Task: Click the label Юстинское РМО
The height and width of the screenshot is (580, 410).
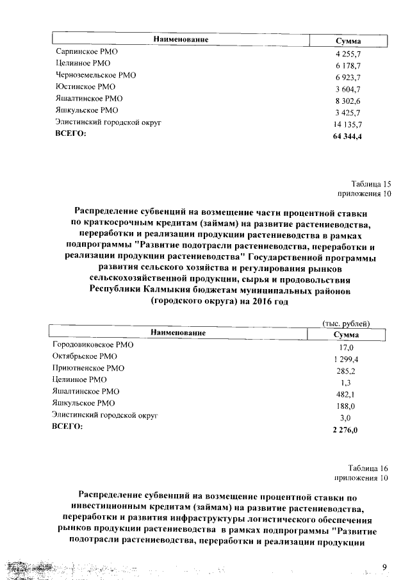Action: (78, 87)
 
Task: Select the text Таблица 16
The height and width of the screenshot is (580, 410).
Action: (369, 468)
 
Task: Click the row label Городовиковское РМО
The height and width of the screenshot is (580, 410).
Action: (93, 344)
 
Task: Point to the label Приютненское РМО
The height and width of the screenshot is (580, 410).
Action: (88, 368)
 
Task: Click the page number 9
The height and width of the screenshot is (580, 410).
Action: (384, 566)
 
